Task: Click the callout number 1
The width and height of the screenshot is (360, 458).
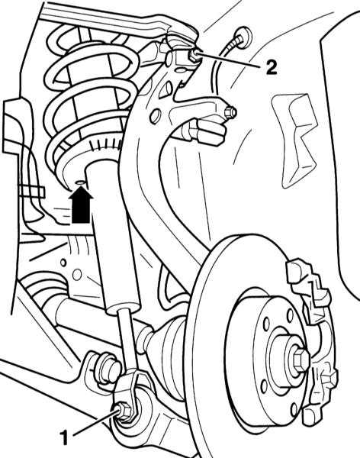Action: click(x=63, y=437)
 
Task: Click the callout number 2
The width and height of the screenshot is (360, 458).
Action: click(x=270, y=67)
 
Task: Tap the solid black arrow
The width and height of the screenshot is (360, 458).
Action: click(x=81, y=205)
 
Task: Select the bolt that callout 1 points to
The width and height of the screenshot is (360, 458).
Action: click(x=124, y=411)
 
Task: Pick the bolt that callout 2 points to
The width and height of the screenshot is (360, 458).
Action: click(x=194, y=56)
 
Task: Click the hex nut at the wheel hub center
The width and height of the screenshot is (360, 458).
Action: click(x=301, y=359)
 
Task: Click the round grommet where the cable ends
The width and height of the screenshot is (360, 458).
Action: click(x=243, y=37)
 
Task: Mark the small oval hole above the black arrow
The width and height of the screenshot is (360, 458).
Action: click(x=79, y=183)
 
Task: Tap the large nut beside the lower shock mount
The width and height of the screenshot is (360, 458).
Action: click(x=108, y=370)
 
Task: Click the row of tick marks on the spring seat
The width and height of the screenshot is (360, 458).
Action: click(x=106, y=144)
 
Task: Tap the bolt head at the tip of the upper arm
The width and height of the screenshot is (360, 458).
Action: click(x=230, y=113)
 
